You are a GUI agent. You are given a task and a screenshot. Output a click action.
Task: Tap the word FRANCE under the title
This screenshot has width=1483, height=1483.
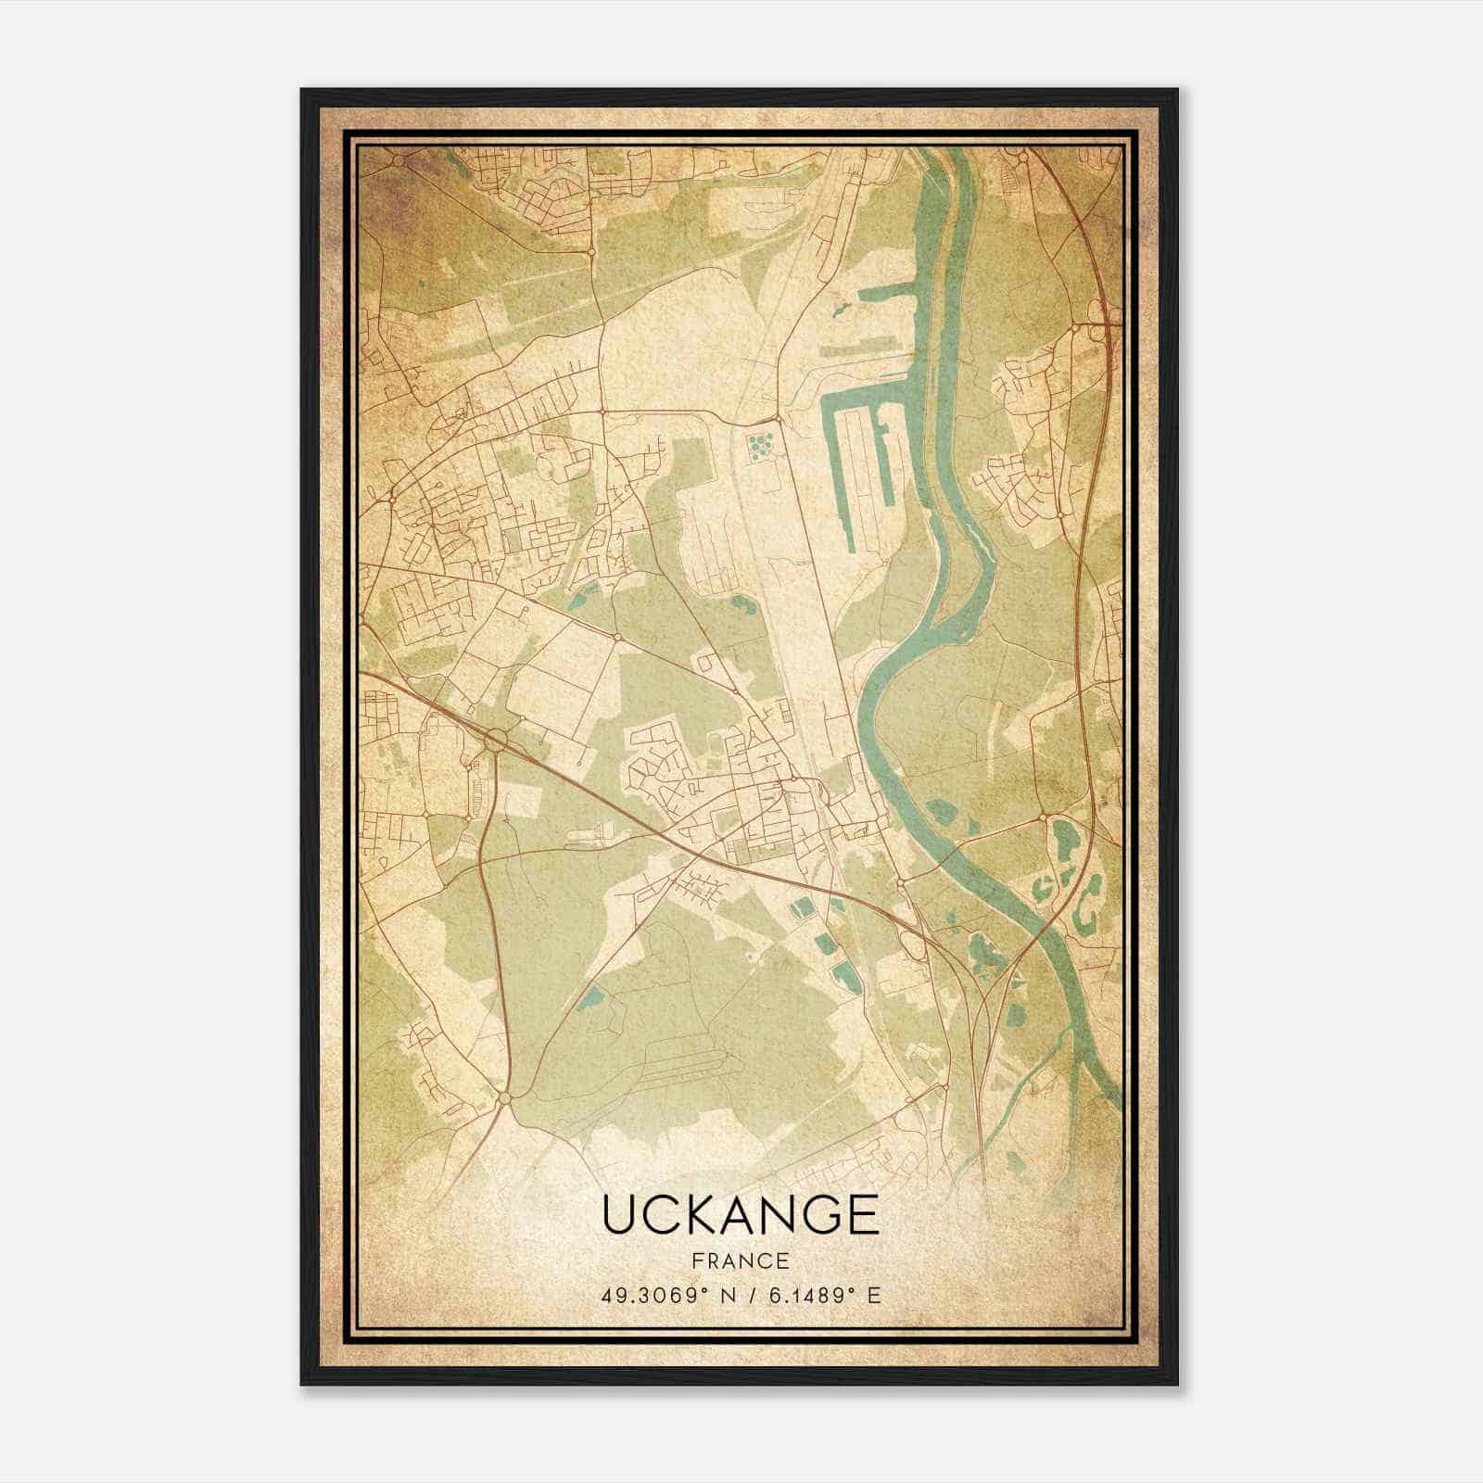pos(741,1261)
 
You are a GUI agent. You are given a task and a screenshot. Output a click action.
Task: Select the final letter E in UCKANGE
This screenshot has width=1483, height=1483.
pos(862,1215)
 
